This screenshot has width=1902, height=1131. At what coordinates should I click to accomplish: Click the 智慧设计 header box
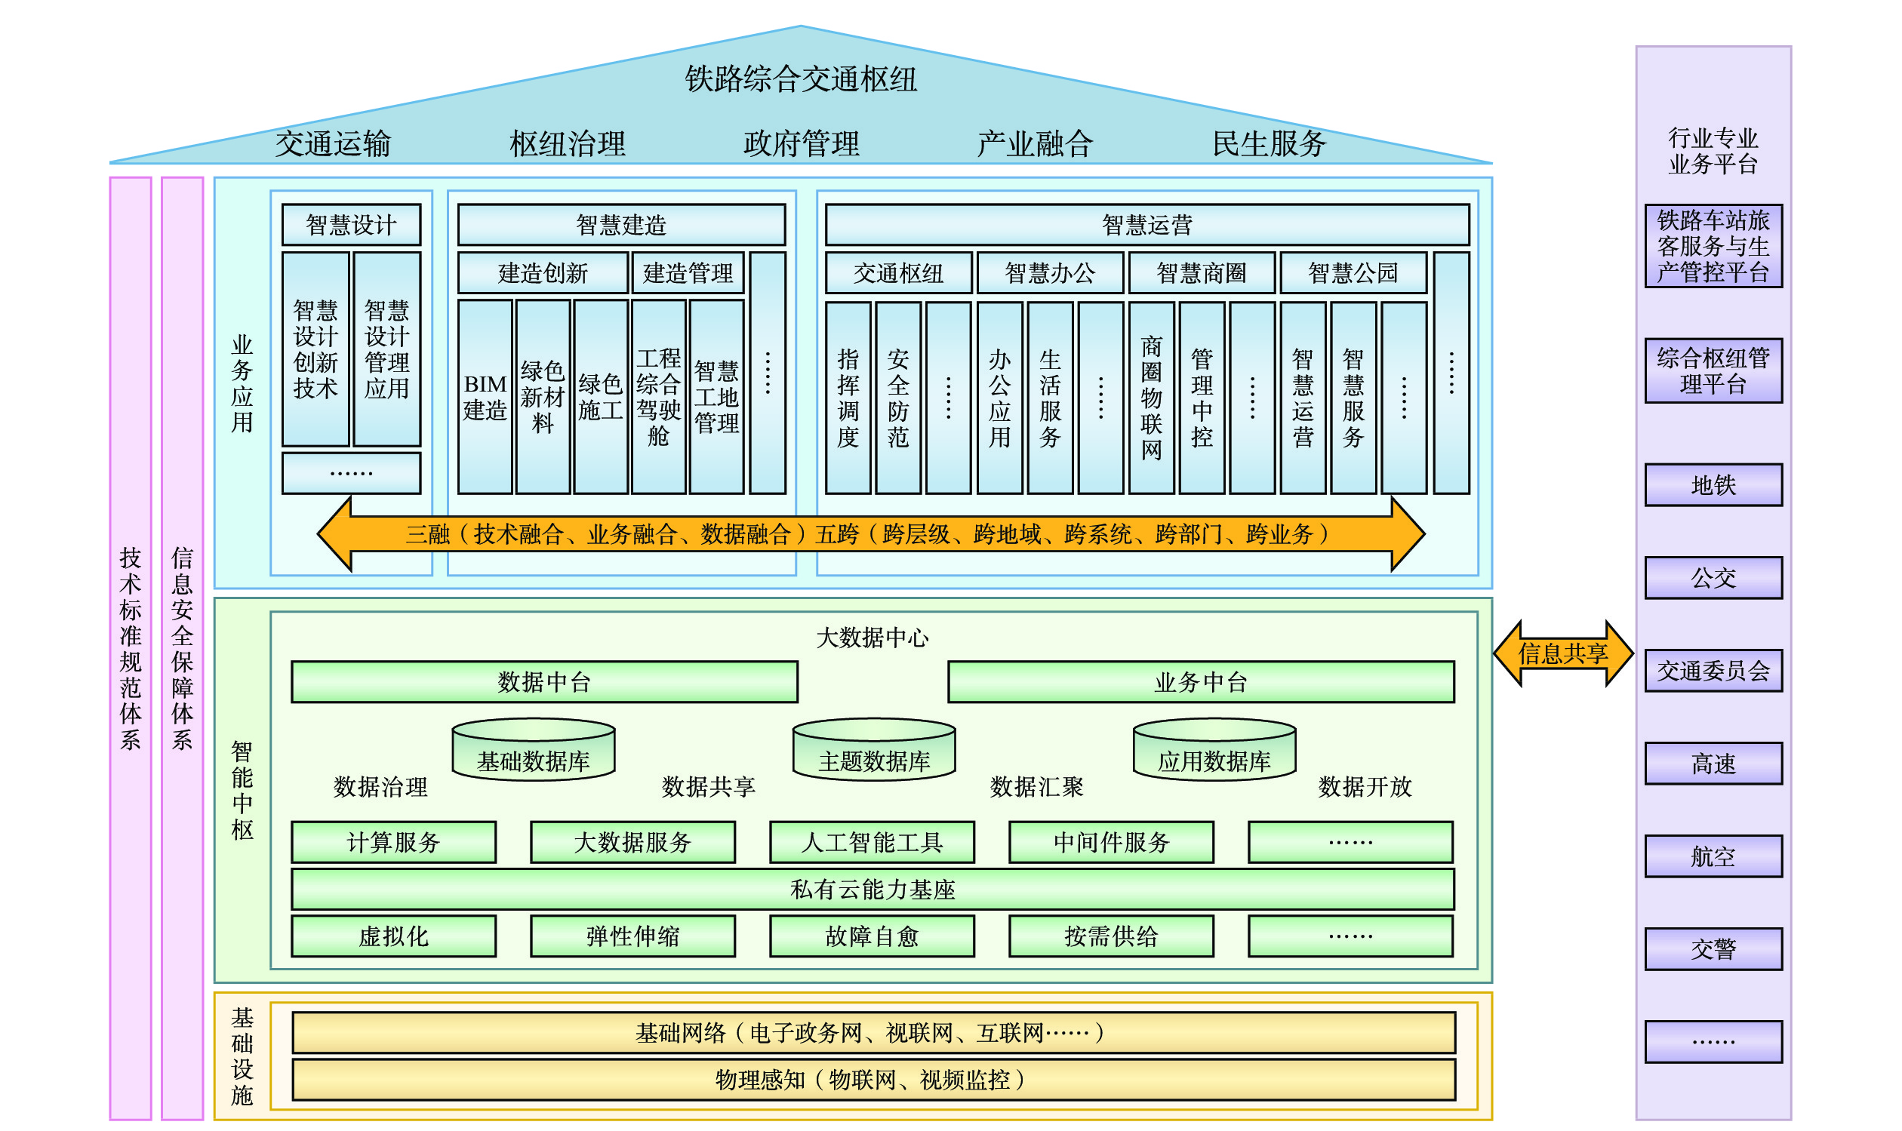click(x=351, y=225)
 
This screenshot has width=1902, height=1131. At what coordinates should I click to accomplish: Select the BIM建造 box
click(x=484, y=397)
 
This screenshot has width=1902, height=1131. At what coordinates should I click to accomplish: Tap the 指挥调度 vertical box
click(x=848, y=397)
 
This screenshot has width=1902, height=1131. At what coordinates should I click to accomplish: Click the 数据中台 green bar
click(x=543, y=682)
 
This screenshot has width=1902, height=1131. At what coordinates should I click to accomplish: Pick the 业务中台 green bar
click(x=1201, y=682)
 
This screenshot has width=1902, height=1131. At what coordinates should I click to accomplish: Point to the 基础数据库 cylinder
click(x=533, y=751)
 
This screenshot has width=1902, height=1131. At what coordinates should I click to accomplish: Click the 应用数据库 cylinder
click(x=1214, y=751)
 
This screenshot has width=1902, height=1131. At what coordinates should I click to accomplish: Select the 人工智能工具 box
click(x=871, y=842)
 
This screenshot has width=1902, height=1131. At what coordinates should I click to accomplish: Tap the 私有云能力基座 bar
click(x=872, y=890)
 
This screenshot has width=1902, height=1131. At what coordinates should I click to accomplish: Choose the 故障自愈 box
click(x=871, y=936)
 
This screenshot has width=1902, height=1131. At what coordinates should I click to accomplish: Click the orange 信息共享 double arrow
click(x=1563, y=653)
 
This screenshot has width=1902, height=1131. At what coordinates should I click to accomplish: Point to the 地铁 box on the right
click(x=1713, y=484)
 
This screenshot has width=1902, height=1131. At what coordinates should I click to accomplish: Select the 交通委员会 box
click(x=1713, y=671)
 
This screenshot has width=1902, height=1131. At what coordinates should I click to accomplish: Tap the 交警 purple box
click(x=1713, y=949)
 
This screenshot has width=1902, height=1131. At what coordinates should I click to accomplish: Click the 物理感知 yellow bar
click(x=873, y=1080)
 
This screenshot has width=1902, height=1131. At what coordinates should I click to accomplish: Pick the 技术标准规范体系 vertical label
click(x=131, y=648)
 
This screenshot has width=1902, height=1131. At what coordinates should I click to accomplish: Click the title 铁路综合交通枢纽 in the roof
click(x=801, y=79)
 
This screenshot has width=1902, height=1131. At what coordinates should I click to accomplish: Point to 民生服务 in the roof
click(x=1270, y=143)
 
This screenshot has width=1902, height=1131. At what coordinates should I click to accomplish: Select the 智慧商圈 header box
click(x=1201, y=273)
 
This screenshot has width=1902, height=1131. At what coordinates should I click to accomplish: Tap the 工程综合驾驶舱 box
click(x=658, y=397)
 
